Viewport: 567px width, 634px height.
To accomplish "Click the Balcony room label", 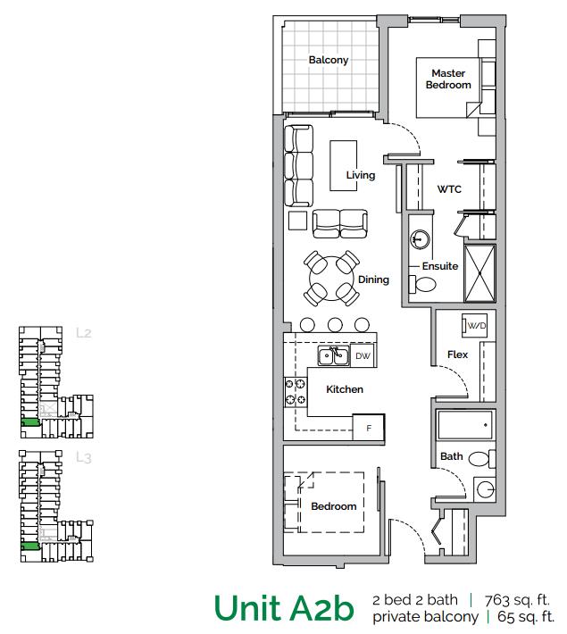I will [x=329, y=61].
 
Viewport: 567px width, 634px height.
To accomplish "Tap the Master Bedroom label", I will [x=450, y=79].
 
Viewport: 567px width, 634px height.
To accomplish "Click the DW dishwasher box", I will [x=363, y=356].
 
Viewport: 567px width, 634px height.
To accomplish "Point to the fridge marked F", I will [x=368, y=427].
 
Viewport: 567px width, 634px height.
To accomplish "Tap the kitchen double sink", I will [x=335, y=356].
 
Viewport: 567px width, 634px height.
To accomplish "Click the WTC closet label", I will [x=448, y=189].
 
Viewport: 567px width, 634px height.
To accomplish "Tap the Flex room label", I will [x=457, y=355].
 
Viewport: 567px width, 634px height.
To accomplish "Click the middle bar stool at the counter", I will [x=335, y=324].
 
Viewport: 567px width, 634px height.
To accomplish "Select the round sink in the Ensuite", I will [x=421, y=240].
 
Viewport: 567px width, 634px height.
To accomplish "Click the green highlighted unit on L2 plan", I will [x=29, y=422].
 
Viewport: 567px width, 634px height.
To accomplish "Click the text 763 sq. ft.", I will [x=517, y=599].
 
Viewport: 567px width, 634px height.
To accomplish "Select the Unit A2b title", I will [x=283, y=608].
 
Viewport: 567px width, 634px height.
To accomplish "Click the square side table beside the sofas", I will [x=296, y=220].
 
